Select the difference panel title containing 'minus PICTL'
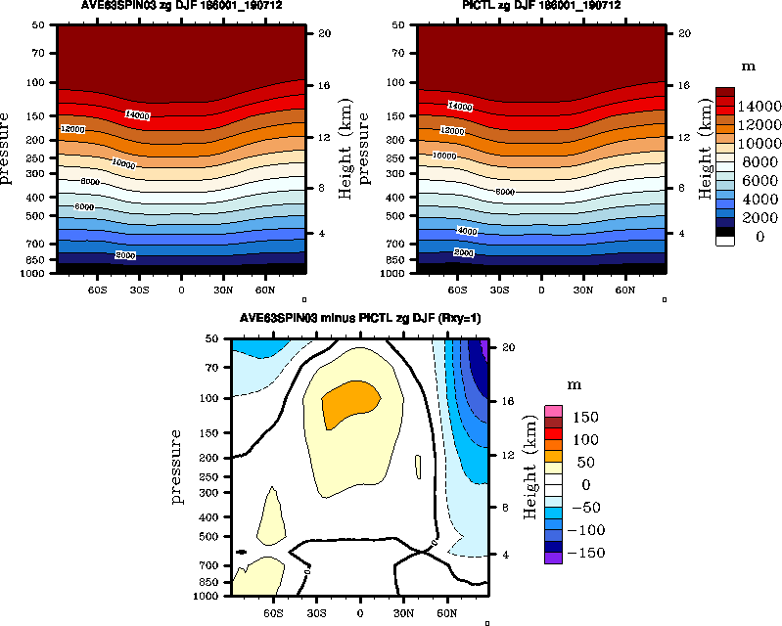tap(360, 320)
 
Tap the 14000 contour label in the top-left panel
tap(137, 115)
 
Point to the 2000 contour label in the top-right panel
tap(464, 252)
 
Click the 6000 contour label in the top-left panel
tap(85, 206)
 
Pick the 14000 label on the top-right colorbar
tap(759, 106)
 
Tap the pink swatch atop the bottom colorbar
tap(554, 411)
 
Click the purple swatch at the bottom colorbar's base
tap(554, 558)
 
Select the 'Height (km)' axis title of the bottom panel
tap(529, 471)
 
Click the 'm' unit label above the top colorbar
tap(748, 67)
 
